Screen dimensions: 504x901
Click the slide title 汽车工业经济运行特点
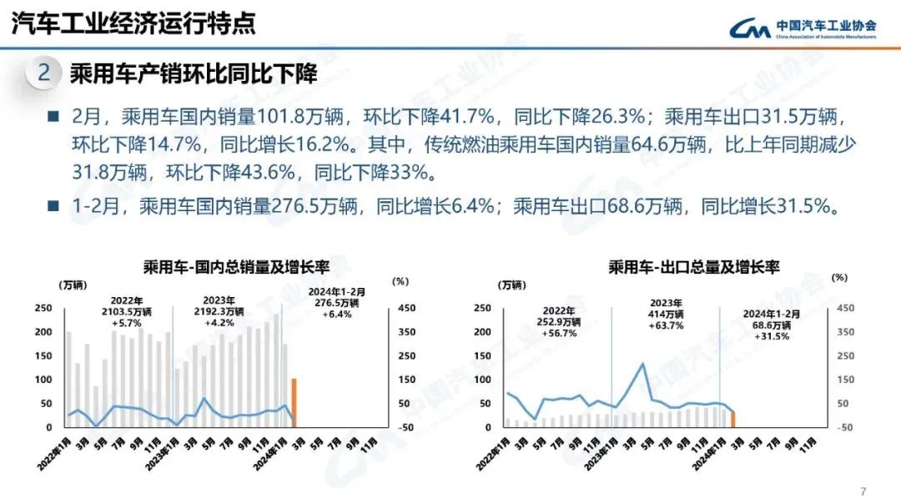point(133,23)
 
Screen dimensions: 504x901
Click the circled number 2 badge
point(44,73)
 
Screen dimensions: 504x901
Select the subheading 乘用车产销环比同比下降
point(194,73)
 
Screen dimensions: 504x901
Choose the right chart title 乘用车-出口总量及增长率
point(693,268)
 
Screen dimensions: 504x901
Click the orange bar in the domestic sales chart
point(294,402)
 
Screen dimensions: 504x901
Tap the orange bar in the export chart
point(732,419)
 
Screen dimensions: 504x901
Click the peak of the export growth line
point(642,364)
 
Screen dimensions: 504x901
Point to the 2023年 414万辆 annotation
point(665,314)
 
